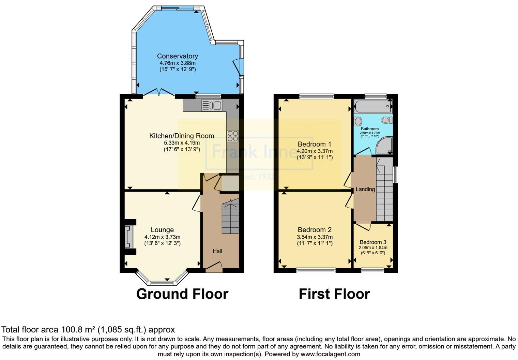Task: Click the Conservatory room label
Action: pos(177,56)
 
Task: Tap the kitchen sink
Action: pos(212,105)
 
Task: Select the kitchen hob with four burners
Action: pos(233,136)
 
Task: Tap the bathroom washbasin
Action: pos(358,121)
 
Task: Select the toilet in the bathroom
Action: pos(387,120)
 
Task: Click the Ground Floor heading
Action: pos(182,294)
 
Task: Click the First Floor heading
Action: pos(334,294)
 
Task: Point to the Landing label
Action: pos(365,190)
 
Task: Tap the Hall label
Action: pos(217,251)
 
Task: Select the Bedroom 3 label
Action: pos(373,242)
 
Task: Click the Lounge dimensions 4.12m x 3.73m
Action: pos(162,237)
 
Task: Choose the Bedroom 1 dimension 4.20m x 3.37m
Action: pos(314,151)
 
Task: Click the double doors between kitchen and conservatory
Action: pos(159,92)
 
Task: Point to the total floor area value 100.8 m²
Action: pos(78,330)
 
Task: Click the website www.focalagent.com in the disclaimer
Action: pos(330,354)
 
